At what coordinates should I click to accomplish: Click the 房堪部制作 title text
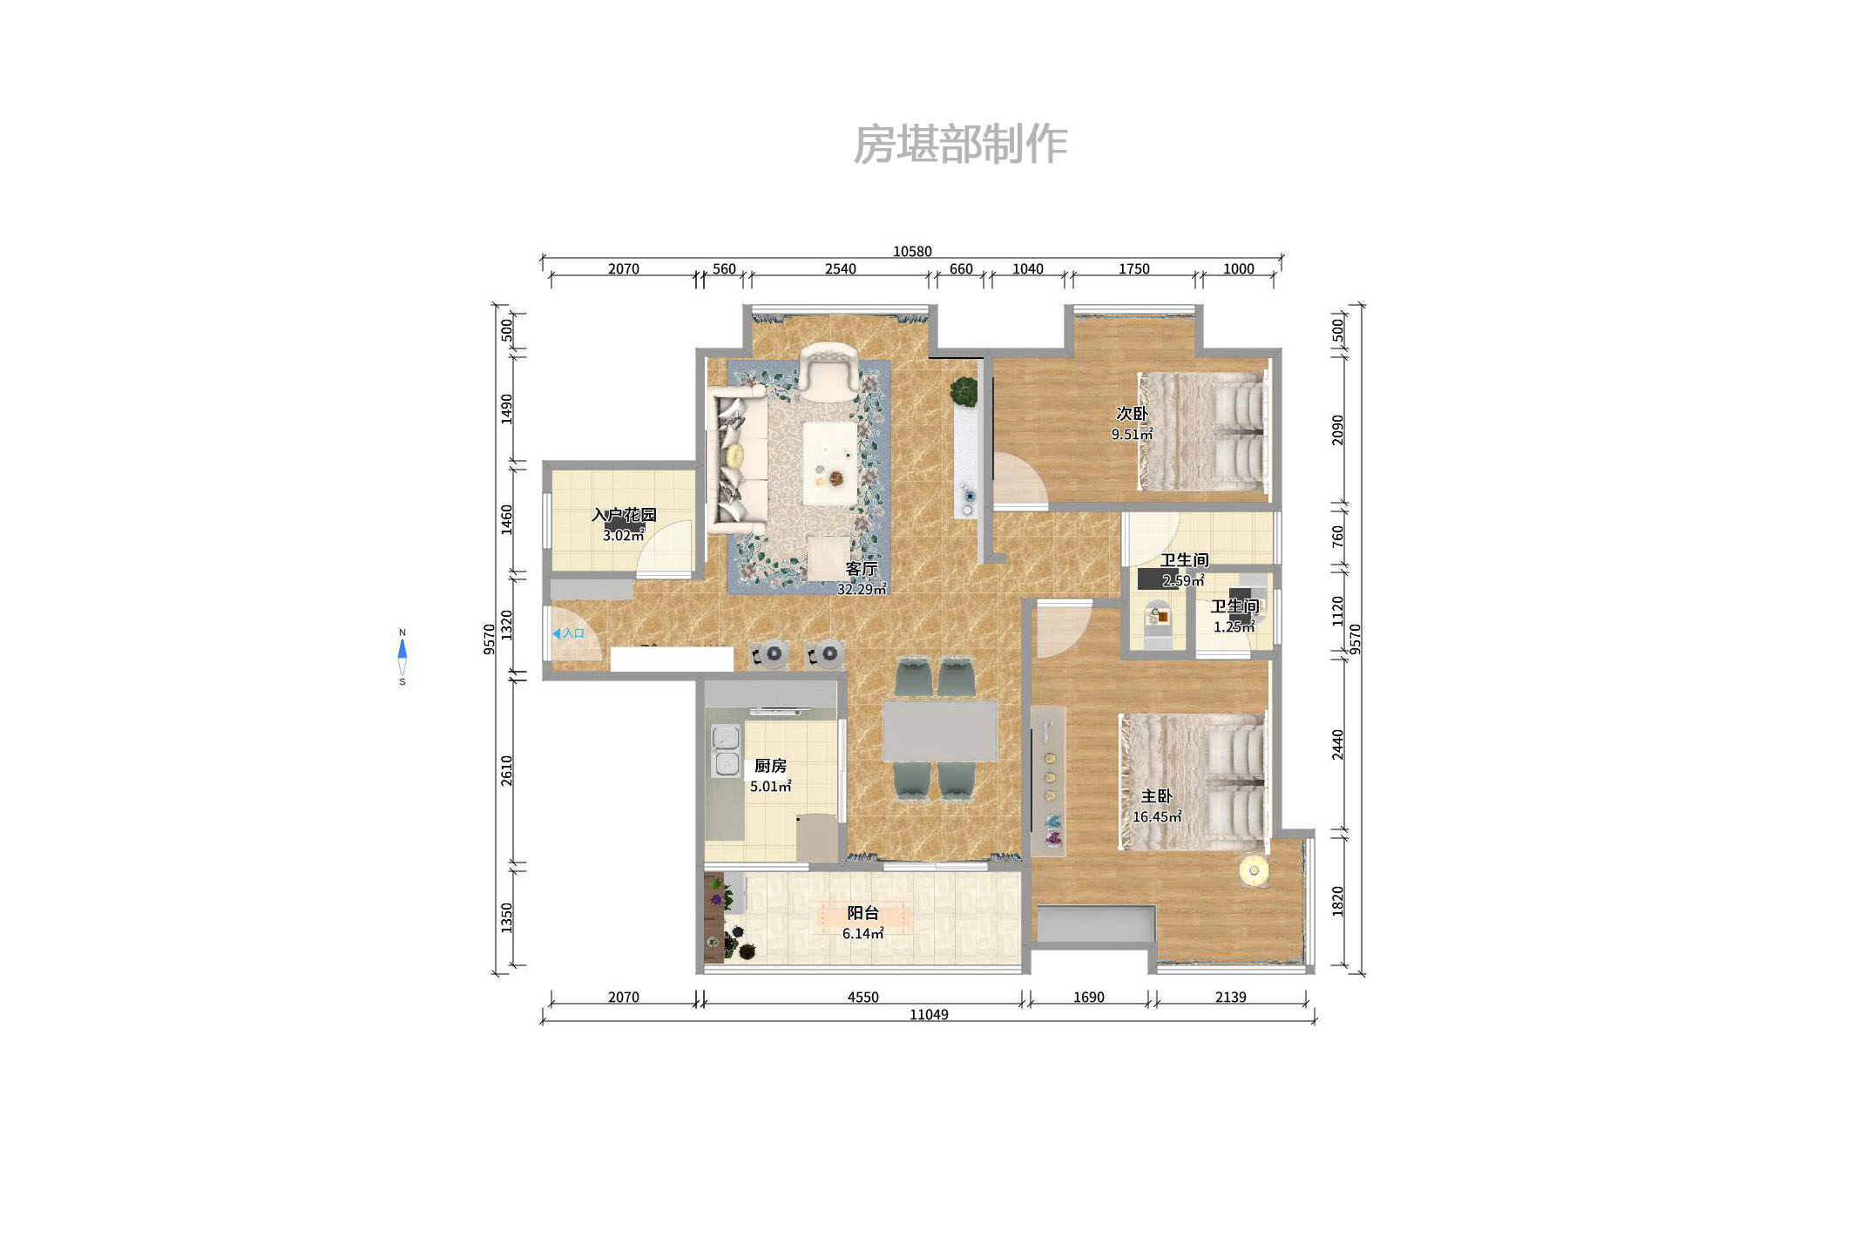tap(960, 145)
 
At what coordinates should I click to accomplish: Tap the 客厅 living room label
tap(861, 569)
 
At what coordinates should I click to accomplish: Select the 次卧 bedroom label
tap(1132, 414)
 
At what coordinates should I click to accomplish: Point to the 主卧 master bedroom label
tap(1156, 796)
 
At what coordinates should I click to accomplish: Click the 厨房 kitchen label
tap(770, 766)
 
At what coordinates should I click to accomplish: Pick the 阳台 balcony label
tap(862, 913)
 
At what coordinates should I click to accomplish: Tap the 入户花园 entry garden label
tap(624, 515)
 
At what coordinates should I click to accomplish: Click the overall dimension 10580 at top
tap(912, 252)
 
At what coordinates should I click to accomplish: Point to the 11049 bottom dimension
tap(929, 1015)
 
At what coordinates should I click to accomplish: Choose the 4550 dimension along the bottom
tap(862, 998)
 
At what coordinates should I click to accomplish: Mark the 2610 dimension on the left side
tap(507, 770)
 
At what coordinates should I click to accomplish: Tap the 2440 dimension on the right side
tap(1338, 745)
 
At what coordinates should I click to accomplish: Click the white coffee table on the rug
tap(829, 463)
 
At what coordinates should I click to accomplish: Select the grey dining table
tap(939, 730)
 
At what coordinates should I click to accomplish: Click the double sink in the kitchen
tap(726, 750)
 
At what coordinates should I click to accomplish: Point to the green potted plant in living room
tap(964, 391)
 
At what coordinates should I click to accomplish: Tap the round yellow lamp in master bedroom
tap(1254, 870)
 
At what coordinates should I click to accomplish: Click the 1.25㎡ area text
tap(1234, 627)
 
